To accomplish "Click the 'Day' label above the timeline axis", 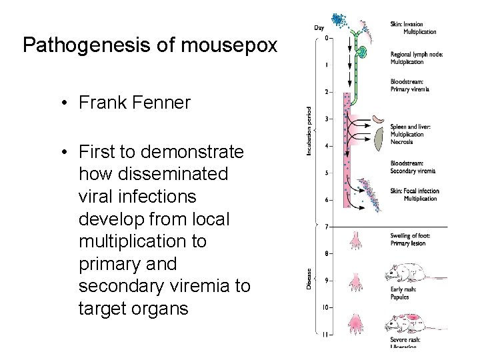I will pyautogui.click(x=319, y=27).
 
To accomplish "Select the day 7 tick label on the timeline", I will pyautogui.click(x=325, y=227).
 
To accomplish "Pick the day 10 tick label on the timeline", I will pyautogui.click(x=325, y=308).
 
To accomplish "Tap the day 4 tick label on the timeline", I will pyautogui.click(x=325, y=146).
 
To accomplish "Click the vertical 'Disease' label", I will pyautogui.click(x=309, y=277).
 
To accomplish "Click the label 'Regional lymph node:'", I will pyautogui.click(x=417, y=54).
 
